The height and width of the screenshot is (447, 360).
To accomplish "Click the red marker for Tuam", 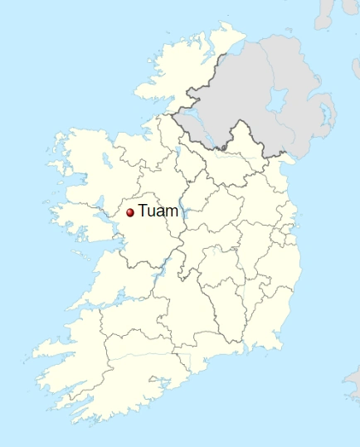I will point(130,213).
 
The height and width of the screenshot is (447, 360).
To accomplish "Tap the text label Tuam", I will point(158,211).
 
